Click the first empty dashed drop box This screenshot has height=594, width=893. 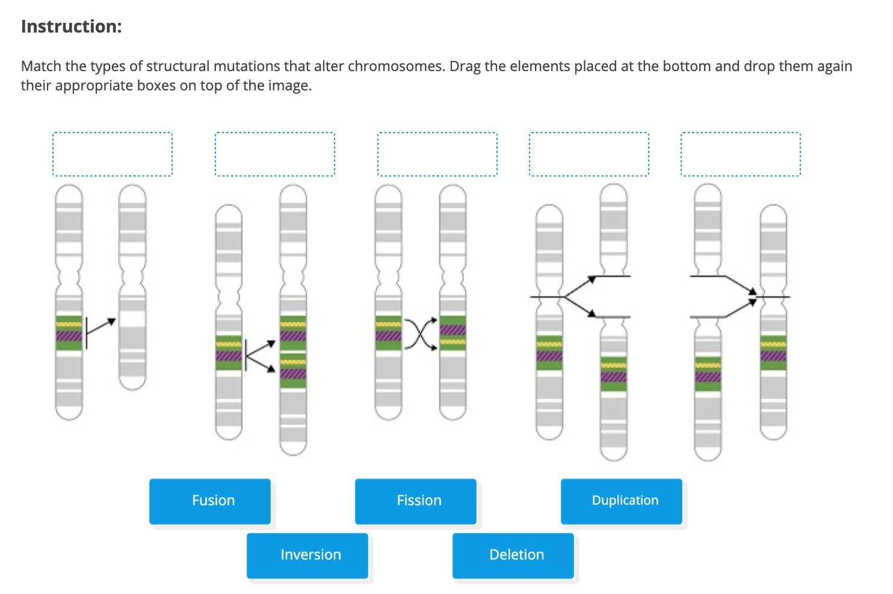(113, 154)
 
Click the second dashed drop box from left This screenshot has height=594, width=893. (275, 154)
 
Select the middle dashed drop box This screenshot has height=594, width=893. (437, 154)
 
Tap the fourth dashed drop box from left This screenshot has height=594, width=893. (589, 154)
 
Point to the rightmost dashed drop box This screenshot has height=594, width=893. (741, 154)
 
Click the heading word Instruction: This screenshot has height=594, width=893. (71, 27)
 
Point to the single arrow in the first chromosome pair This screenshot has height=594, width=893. (100, 326)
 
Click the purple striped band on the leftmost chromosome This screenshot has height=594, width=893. (69, 336)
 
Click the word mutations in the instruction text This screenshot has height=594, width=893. (247, 66)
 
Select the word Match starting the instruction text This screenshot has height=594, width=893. (40, 66)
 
